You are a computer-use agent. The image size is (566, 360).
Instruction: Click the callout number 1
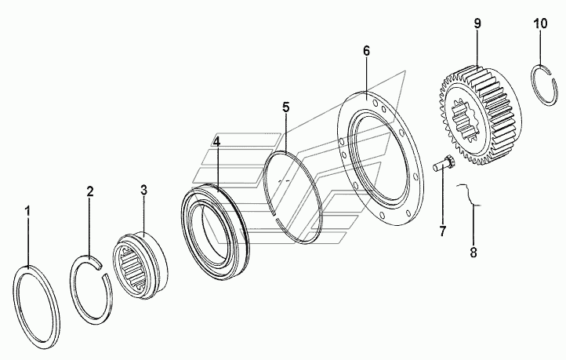point(27,212)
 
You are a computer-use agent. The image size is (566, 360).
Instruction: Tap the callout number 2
point(90,191)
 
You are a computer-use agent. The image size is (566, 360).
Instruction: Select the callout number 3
point(144,190)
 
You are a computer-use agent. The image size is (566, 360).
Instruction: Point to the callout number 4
point(216,141)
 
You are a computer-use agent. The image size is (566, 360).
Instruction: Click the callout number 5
point(286,107)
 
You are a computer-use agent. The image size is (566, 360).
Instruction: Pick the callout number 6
point(366,51)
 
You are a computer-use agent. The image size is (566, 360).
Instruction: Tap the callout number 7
point(443,231)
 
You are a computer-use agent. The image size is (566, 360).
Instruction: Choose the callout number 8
point(473,253)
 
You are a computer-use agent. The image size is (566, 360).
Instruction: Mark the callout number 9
point(477,24)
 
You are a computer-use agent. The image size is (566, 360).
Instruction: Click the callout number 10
point(540,24)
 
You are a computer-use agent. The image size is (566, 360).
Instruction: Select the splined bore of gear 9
point(463,120)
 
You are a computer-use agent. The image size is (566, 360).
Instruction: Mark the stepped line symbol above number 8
point(470,195)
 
